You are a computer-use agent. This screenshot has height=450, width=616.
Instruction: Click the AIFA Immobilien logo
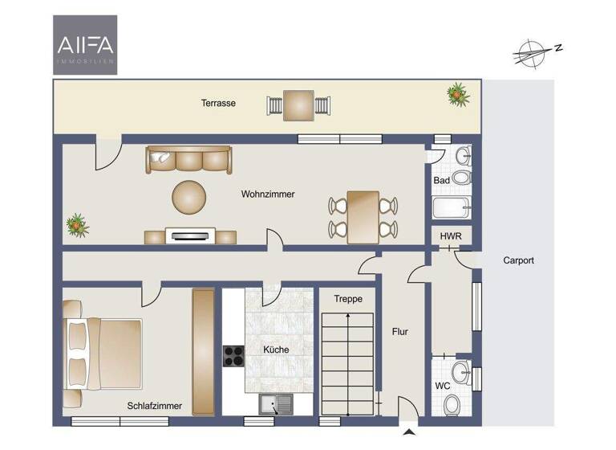[85, 44]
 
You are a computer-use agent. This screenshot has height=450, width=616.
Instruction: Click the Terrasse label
[218, 103]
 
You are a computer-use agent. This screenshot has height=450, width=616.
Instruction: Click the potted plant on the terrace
[458, 94]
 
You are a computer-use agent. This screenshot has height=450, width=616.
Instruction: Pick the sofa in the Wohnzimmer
[188, 159]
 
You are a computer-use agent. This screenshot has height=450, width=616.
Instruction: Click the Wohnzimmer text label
[268, 194]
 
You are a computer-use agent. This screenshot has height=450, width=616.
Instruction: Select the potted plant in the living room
[77, 223]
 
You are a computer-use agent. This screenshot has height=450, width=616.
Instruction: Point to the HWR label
[449, 236]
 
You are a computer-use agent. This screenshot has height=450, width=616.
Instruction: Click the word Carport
[518, 260]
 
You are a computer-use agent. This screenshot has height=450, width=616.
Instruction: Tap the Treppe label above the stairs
[348, 299]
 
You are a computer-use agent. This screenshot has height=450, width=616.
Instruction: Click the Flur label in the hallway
[400, 331]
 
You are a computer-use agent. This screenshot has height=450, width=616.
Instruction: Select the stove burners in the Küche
[233, 355]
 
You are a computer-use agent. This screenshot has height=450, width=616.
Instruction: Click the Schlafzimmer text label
[154, 406]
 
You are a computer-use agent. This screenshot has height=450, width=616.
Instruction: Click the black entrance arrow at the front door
[409, 435]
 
